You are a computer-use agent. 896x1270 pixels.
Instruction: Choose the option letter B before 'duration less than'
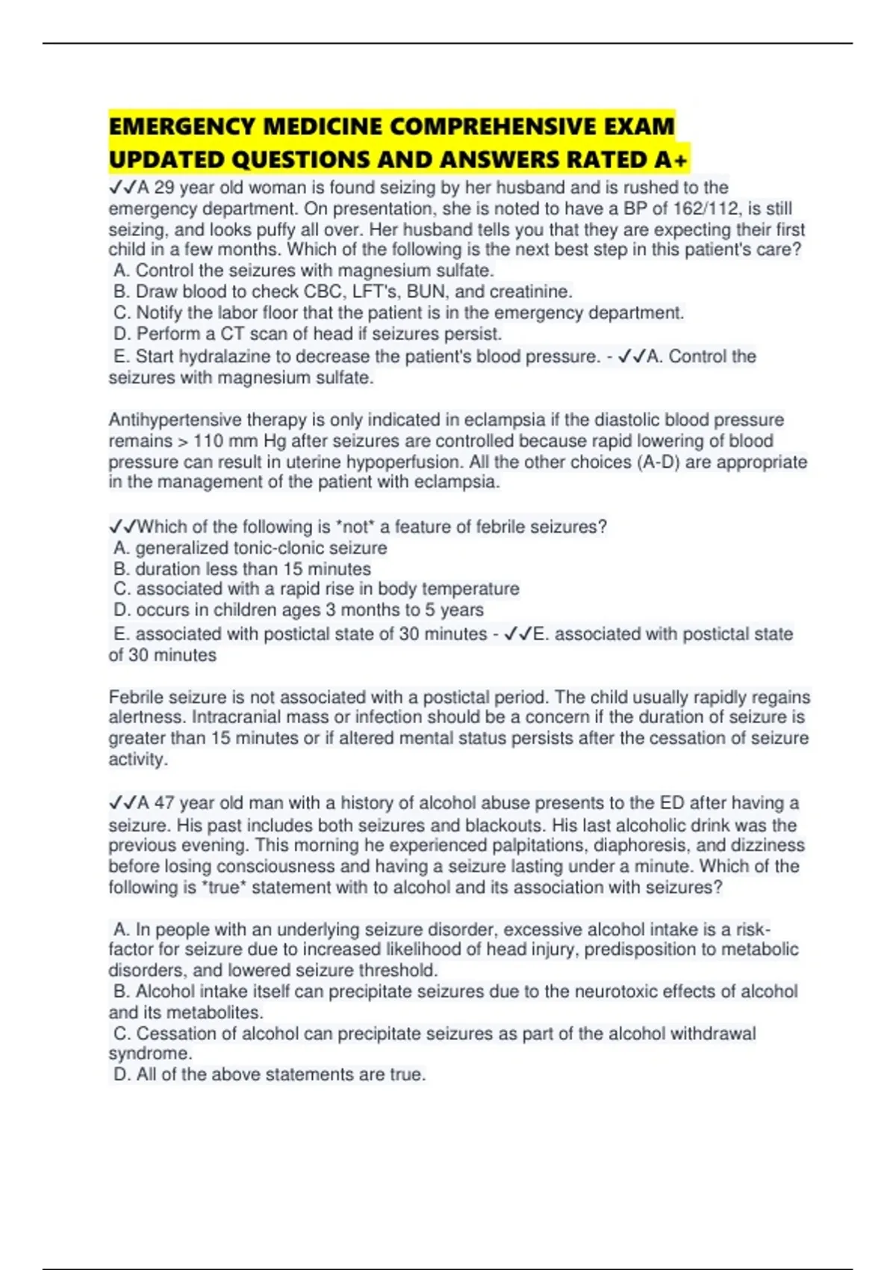[x=121, y=569]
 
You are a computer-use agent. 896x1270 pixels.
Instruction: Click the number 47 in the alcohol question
[x=164, y=803]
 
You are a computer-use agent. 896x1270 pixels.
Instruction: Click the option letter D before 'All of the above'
[x=121, y=1074]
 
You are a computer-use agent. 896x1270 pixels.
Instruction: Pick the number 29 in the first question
[x=164, y=188]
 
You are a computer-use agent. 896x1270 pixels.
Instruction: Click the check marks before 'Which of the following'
[x=122, y=527]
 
